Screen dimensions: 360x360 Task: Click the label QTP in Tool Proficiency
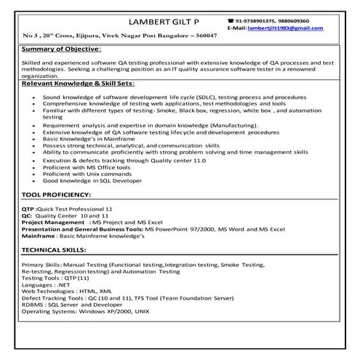pos(28,209)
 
